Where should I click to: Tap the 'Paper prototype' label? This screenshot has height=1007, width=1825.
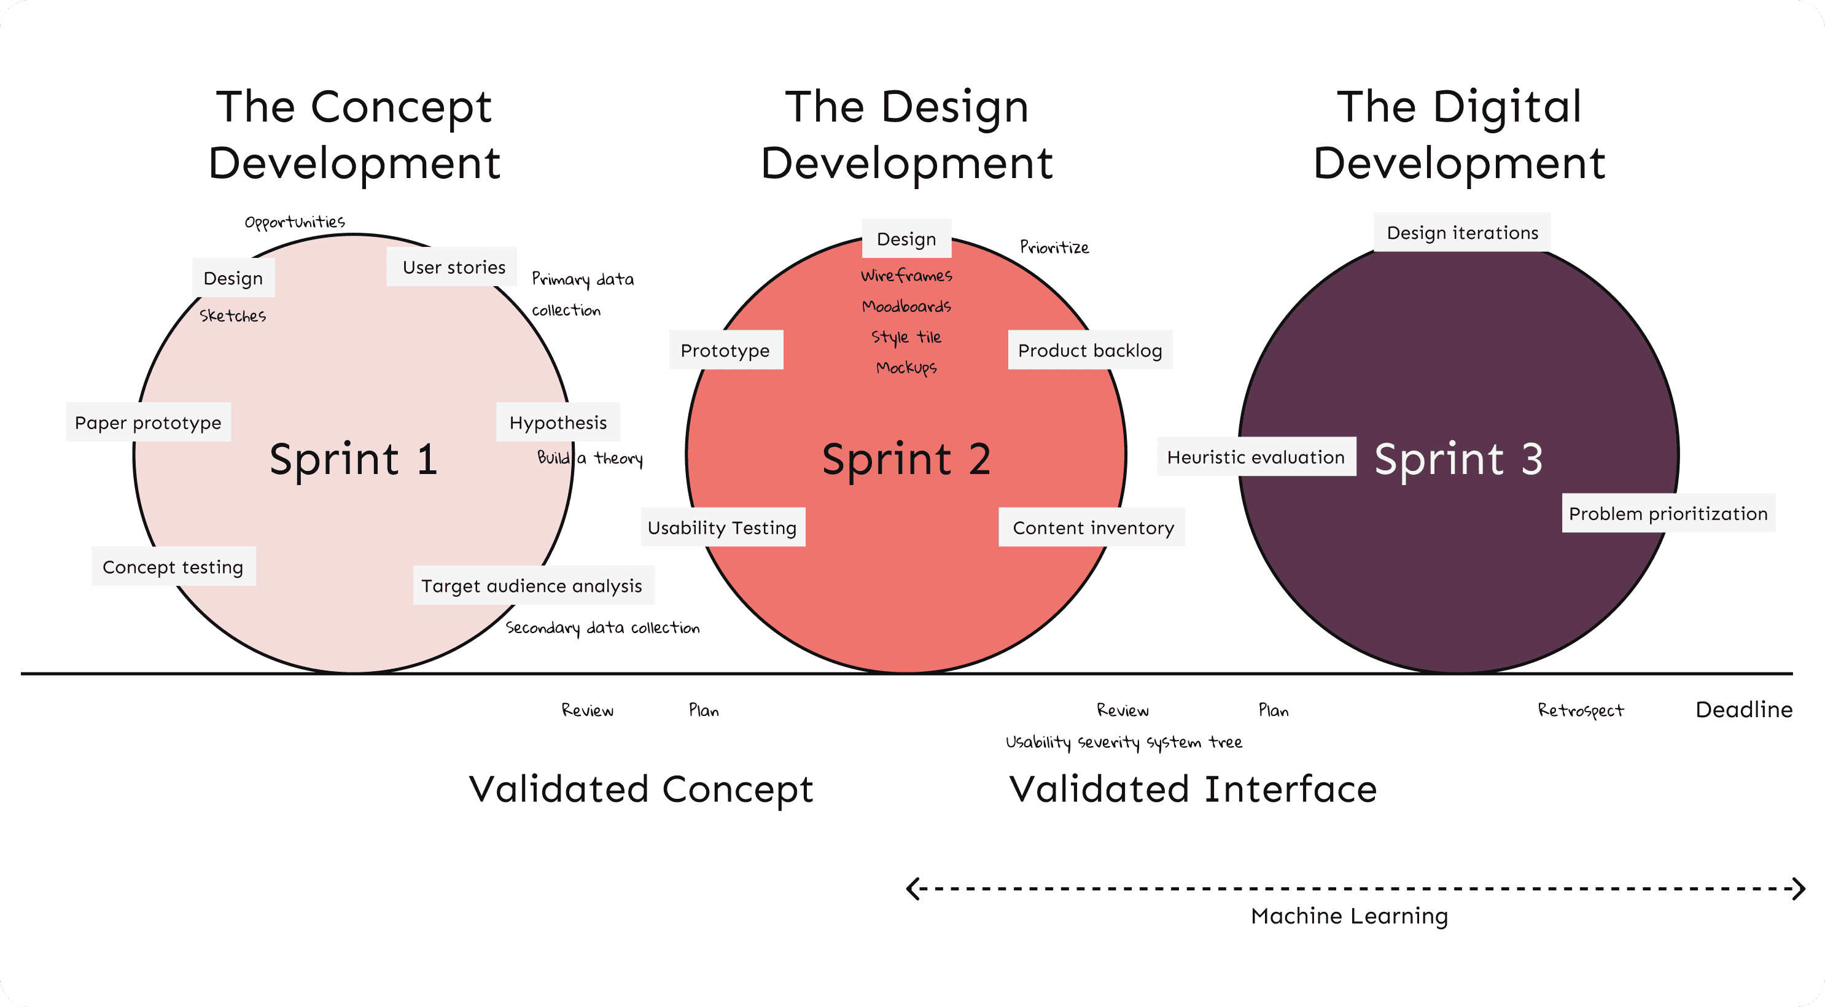pos(148,422)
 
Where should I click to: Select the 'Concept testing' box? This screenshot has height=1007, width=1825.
pos(173,567)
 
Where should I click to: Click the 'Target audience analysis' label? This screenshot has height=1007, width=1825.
pos(532,585)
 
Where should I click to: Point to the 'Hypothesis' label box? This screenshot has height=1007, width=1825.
pos(558,422)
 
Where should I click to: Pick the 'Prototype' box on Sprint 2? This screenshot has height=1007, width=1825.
pos(725,350)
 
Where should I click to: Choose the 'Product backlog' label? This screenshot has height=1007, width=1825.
pos(1089,350)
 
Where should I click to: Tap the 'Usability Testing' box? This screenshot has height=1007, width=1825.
pos(723,527)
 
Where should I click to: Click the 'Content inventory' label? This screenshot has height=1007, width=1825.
pos(1092,527)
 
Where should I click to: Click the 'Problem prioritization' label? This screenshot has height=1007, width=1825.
pos(1668,513)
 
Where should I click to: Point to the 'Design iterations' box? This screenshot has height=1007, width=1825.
pos(1462,233)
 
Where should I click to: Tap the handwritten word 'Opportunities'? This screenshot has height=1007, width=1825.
pos(295,222)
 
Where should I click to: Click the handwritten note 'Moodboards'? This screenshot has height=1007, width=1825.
pos(906,306)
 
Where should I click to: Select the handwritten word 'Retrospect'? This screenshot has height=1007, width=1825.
pos(1581,710)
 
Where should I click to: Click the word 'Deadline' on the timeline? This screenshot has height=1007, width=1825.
pos(1743,709)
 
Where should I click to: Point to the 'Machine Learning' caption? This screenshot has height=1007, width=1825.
pos(1350,916)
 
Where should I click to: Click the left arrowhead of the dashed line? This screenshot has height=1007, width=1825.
pos(914,888)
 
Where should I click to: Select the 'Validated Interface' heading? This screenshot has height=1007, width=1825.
pos(1193,789)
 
